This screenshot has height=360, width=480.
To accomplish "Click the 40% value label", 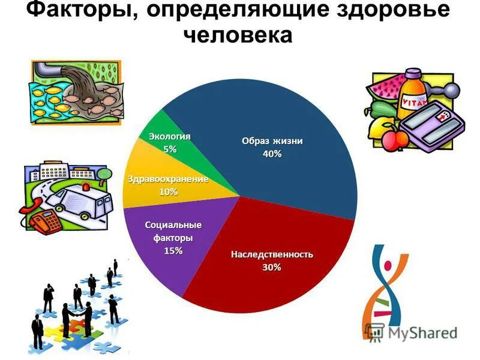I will coord(272,154).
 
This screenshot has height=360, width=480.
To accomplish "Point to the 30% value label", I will coord(271,267).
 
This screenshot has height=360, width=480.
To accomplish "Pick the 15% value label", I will coord(173,251).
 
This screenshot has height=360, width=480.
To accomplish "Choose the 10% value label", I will coord(168,192).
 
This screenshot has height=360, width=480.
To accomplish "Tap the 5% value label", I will coord(170,149).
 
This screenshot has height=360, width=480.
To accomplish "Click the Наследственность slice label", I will coord(272,254).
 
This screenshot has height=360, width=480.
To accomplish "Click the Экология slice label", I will coord(170,137).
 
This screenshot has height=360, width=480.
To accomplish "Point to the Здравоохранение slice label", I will coord(168,179).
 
